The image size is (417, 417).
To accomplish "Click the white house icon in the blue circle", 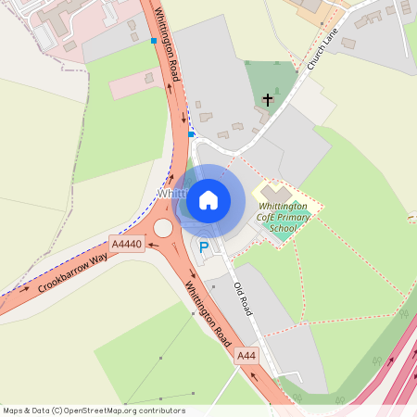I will coord(208,199).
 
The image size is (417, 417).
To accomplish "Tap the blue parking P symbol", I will coord(204,246).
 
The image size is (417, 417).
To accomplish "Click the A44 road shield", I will coord(246,355).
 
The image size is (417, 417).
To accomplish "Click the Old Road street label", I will coord(243,298).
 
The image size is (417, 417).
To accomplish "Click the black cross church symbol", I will coord(269,97).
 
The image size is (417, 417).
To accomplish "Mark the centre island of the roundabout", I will coord(164,228).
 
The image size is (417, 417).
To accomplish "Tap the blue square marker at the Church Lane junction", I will coord(191,134).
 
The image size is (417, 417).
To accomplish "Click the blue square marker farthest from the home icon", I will coord(154,41).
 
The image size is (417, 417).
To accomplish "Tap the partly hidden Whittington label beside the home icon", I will coord(171,194).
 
